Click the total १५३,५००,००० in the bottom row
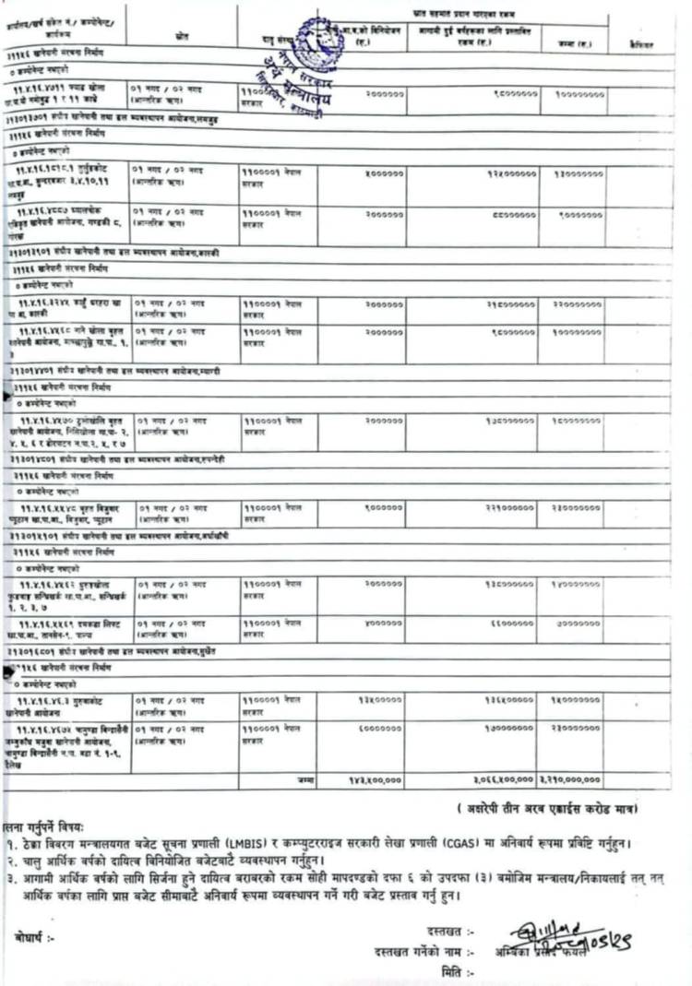(375, 779)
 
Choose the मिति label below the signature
(451, 971)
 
